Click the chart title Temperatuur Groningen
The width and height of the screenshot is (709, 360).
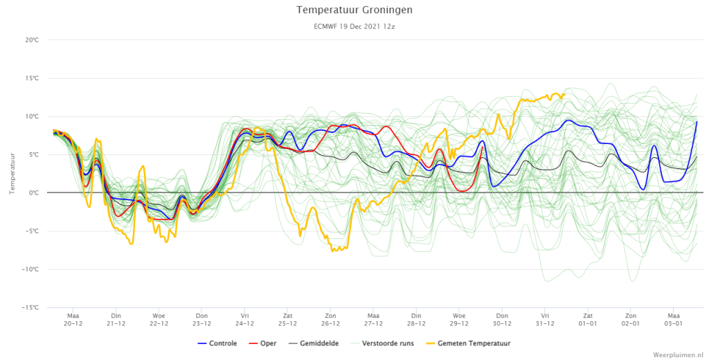pos(354,10)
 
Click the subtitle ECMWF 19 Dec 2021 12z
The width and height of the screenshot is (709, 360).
pos(354,26)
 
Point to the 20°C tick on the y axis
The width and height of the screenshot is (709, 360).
pos(32,40)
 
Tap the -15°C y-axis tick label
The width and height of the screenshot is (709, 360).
pos(30,307)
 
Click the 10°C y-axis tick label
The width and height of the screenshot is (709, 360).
pos(32,117)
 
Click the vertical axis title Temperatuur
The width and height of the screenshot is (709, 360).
pos(12,174)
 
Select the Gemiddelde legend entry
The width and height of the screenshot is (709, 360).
pos(314,343)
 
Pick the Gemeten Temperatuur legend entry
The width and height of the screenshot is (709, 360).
pos(468,343)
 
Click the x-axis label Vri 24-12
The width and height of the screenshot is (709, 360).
pos(244,320)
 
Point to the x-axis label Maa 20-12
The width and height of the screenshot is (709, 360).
pos(73,320)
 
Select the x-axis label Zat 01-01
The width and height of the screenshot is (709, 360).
pos(588,320)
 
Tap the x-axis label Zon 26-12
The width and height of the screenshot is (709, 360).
pos(330,320)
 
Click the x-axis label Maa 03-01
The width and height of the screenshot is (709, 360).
pos(674,320)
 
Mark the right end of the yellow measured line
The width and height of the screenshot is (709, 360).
pos(565,94)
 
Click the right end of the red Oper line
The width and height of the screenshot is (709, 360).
pos(483,147)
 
